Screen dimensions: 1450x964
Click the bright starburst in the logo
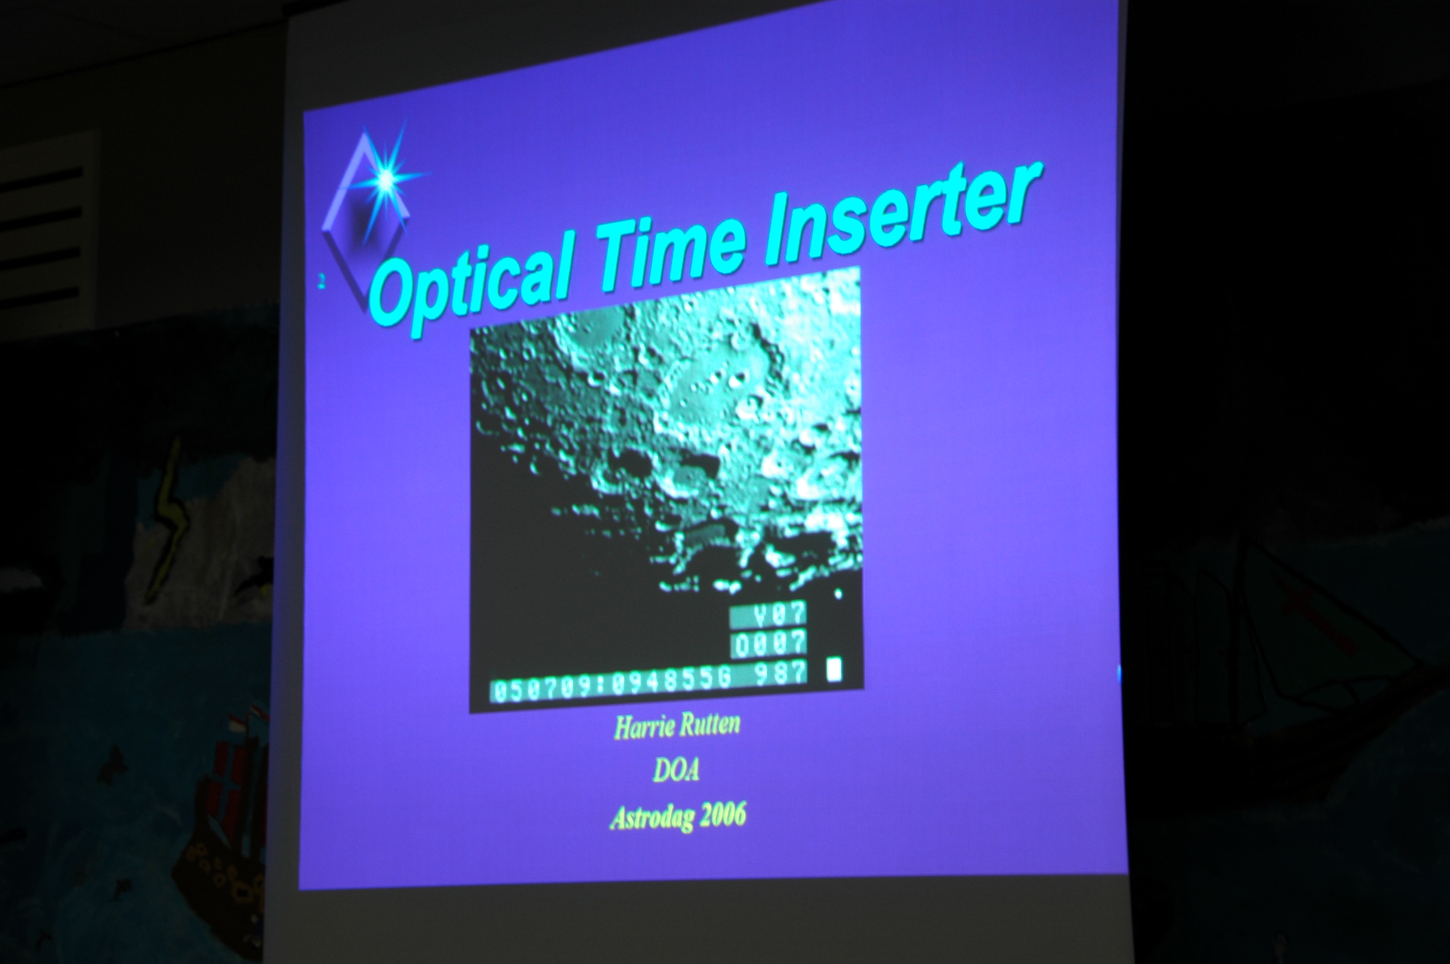point(386,179)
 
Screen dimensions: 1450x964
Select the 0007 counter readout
point(769,643)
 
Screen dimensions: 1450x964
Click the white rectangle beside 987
point(834,669)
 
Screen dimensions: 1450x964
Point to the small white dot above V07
point(838,594)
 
